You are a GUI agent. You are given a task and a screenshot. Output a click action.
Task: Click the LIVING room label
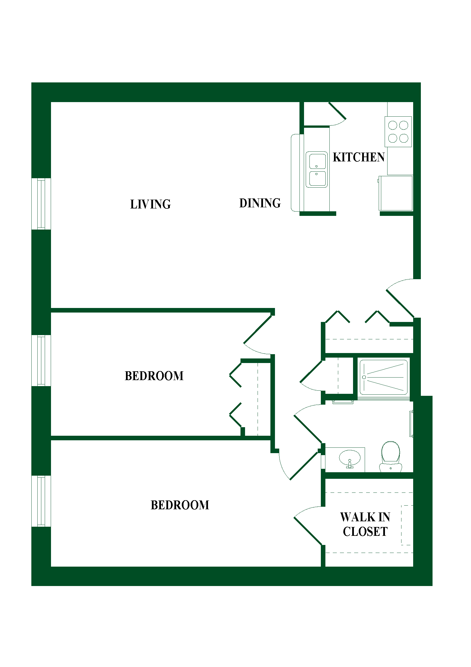[150, 204]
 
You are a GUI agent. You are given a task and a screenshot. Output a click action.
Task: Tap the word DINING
[260, 203]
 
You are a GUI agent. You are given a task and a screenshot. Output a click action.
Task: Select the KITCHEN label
[359, 157]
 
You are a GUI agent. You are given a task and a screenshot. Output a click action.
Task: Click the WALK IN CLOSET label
[365, 524]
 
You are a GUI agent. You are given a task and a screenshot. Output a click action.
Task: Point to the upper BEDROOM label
[154, 376]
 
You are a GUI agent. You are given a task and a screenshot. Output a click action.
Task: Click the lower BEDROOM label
[180, 505]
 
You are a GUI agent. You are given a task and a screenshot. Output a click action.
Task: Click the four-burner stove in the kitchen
[398, 131]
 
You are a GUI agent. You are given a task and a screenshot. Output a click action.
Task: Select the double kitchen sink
[317, 169]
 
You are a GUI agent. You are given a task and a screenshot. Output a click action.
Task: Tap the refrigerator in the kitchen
[395, 193]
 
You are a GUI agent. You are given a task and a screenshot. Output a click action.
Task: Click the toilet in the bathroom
[391, 456]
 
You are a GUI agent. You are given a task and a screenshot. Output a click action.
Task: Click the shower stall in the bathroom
[383, 377]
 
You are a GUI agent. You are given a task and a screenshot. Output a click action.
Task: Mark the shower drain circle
[364, 377]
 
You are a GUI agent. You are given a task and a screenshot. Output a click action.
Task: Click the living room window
[41, 204]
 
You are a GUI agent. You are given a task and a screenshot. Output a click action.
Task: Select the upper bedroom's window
[41, 360]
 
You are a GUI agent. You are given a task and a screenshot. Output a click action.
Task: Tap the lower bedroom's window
[41, 501]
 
